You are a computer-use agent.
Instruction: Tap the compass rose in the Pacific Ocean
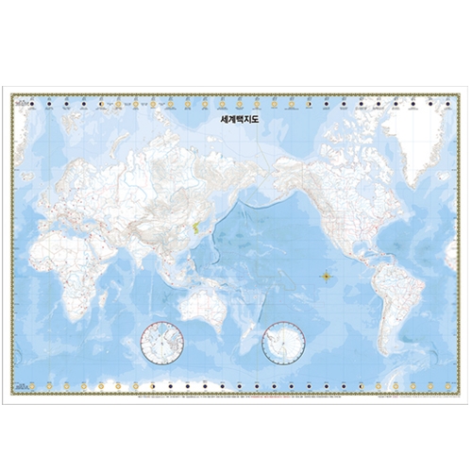coord(327,277)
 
